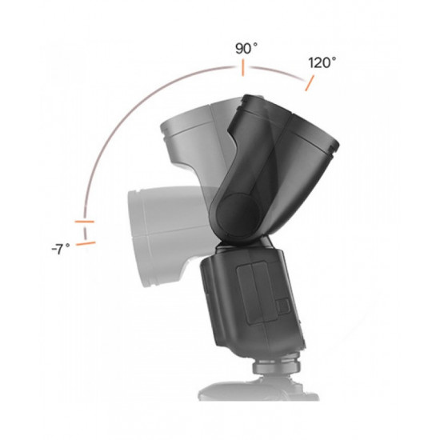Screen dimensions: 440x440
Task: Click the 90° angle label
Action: pos(246,48)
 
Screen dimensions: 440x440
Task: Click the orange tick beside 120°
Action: pos(306,82)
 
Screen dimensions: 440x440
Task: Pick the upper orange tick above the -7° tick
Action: pos(84,220)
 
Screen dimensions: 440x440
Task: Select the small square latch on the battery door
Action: pos(281,306)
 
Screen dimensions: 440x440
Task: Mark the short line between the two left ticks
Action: pos(84,230)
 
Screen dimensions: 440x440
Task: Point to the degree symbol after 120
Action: pos(334,58)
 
